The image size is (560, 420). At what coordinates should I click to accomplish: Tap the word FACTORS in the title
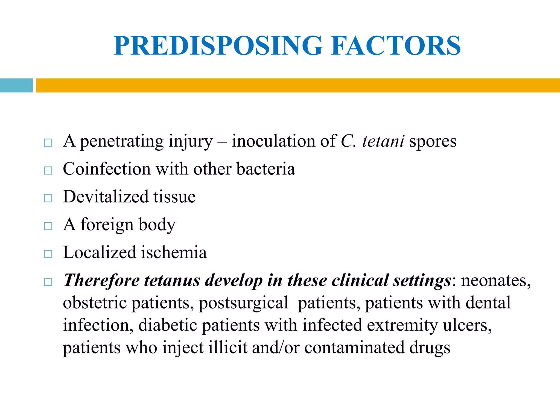click(396, 46)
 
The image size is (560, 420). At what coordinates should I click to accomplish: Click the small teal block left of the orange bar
click(16, 85)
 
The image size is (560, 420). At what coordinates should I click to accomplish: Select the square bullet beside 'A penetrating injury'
click(48, 143)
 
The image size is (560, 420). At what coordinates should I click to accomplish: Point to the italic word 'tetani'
click(383, 141)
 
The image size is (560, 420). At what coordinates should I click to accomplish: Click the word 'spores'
click(433, 142)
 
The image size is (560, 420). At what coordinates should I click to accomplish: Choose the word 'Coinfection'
click(107, 169)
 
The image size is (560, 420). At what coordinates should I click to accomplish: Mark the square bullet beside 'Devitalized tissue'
click(48, 198)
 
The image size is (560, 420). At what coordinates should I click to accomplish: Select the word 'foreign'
click(107, 225)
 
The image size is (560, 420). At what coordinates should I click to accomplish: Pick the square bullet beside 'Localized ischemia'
click(48, 254)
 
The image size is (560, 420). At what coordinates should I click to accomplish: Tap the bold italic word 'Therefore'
click(101, 281)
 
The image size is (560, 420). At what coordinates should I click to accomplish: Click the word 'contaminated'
click(354, 348)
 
